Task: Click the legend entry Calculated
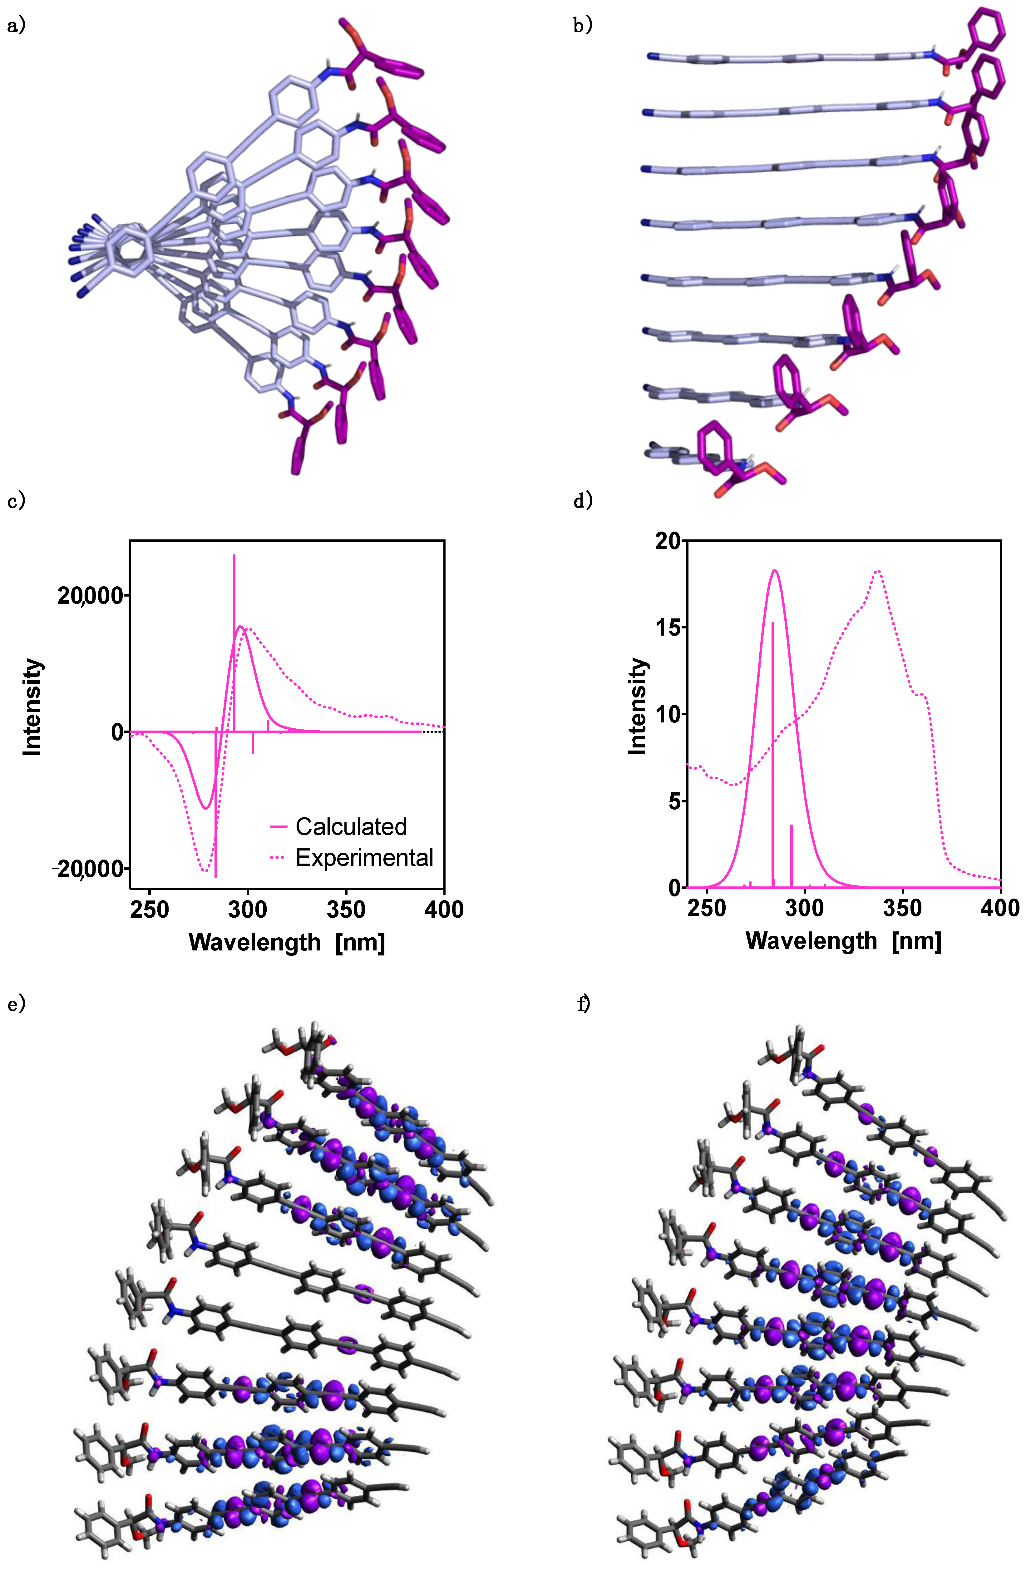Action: pos(351,826)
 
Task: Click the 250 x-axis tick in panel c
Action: pos(149,910)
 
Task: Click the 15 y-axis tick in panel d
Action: pos(668,627)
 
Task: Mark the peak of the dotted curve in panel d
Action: pos(878,571)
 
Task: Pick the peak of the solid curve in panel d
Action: pos(775,571)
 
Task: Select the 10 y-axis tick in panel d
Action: pos(668,714)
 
